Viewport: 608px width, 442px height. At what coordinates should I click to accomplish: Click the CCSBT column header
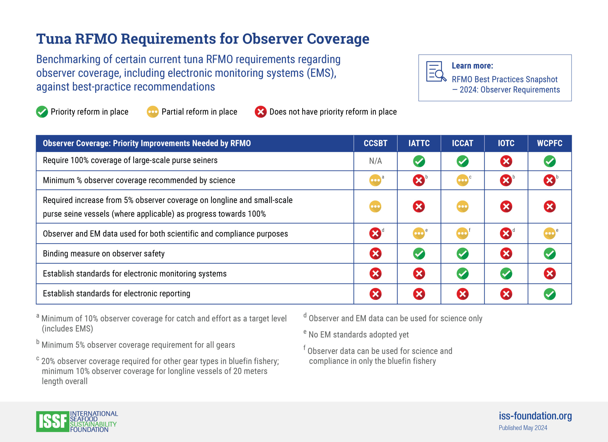click(375, 143)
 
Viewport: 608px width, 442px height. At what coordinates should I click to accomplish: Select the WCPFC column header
click(550, 143)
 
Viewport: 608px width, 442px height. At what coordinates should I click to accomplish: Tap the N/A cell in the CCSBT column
click(375, 161)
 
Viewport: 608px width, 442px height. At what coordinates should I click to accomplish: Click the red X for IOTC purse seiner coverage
click(506, 161)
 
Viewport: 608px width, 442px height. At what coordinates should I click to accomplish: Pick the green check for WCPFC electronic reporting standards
click(550, 294)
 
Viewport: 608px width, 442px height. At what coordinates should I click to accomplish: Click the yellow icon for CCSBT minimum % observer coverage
click(375, 180)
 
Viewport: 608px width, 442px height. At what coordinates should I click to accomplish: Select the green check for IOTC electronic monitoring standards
click(506, 273)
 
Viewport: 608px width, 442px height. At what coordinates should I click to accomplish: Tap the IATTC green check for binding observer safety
click(419, 254)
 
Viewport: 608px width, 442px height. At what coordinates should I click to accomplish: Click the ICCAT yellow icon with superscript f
click(462, 233)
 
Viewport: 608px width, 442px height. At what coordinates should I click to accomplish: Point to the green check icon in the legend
click(42, 112)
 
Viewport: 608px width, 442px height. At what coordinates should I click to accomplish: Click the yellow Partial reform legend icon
click(153, 112)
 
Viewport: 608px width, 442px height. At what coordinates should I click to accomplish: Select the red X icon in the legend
click(261, 112)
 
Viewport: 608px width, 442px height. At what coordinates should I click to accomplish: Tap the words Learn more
click(472, 66)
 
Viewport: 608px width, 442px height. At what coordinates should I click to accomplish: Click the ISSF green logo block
click(52, 421)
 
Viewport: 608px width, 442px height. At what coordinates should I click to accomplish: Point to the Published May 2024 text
click(523, 428)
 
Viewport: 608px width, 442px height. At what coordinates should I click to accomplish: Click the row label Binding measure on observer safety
click(104, 254)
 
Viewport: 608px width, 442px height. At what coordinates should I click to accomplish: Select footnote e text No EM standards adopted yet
click(358, 334)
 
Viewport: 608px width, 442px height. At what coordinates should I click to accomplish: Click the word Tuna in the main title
click(54, 39)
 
